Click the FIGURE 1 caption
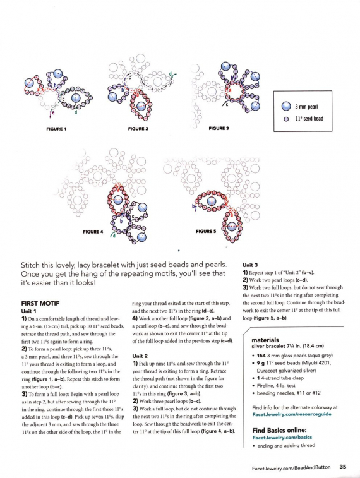(56, 129)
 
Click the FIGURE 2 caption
(138, 129)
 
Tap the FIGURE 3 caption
(219, 128)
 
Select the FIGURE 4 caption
(93, 232)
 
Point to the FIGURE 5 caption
(206, 231)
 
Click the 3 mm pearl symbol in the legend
(286, 106)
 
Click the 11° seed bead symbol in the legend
(286, 119)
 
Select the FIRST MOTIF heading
(40, 303)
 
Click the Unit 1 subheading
(28, 311)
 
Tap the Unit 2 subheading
(140, 356)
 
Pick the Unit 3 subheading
(250, 265)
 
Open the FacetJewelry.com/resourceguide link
(292, 414)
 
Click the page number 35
(343, 467)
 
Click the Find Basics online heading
(279, 430)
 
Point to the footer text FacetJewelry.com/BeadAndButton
(291, 467)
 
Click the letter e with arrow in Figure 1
(52, 114)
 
